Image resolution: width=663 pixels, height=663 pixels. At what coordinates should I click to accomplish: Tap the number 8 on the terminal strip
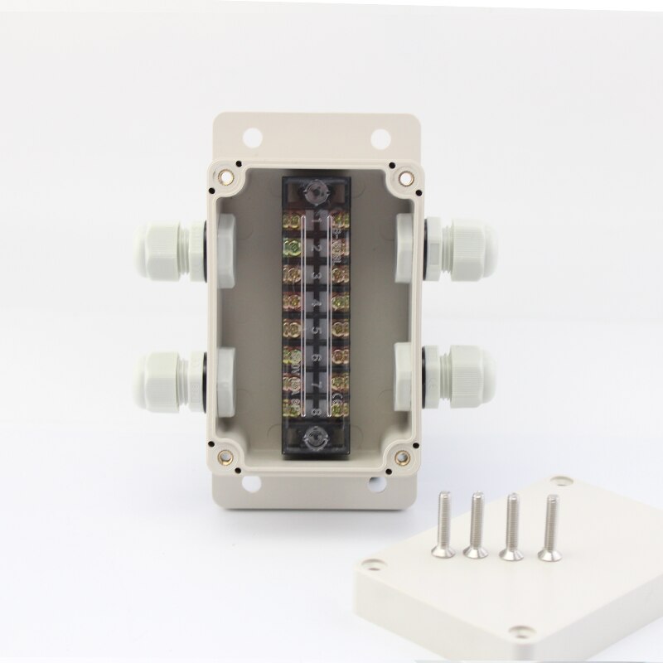click(x=316, y=405)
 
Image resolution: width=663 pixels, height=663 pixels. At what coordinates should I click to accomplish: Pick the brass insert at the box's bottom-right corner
click(x=404, y=454)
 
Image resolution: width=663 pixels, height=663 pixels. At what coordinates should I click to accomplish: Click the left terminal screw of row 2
click(x=292, y=248)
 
